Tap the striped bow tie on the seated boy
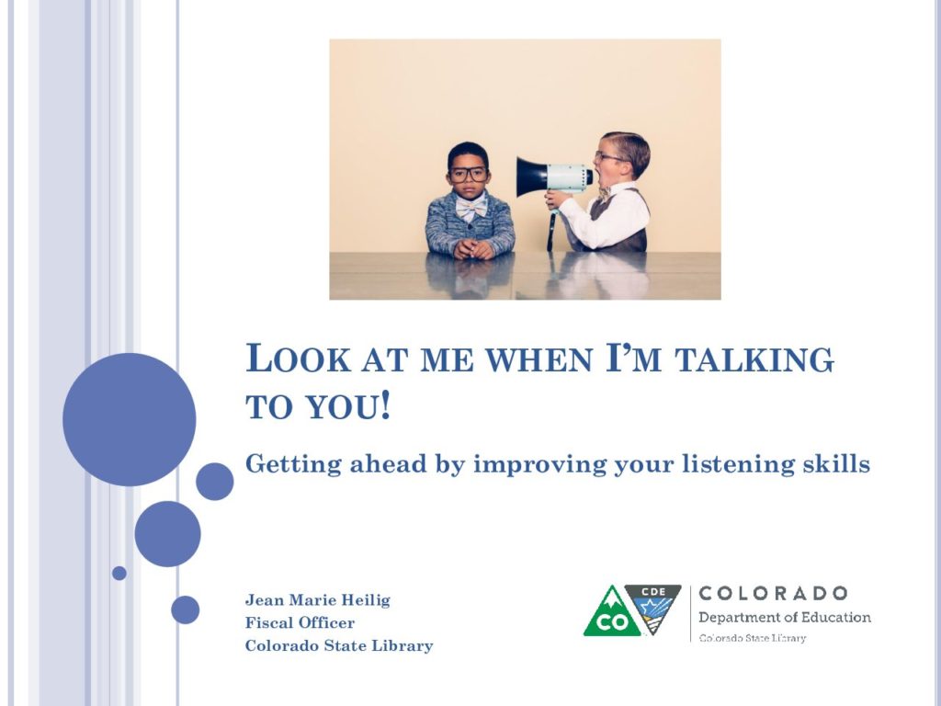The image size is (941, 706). tap(471, 207)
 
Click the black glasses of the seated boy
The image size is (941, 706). tap(468, 174)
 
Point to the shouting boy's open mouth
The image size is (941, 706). tap(591, 176)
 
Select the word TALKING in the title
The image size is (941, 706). tap(754, 359)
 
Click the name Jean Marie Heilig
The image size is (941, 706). tap(317, 599)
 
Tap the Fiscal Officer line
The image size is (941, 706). tap(300, 622)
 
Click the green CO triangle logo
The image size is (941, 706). tap(613, 611)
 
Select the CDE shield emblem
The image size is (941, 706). tap(653, 608)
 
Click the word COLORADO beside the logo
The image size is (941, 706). tap(773, 593)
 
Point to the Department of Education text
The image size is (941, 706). tap(785, 617)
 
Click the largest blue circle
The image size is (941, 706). tap(129, 419)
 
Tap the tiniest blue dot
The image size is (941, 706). tap(119, 574)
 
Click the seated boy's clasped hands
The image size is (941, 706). tap(473, 248)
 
